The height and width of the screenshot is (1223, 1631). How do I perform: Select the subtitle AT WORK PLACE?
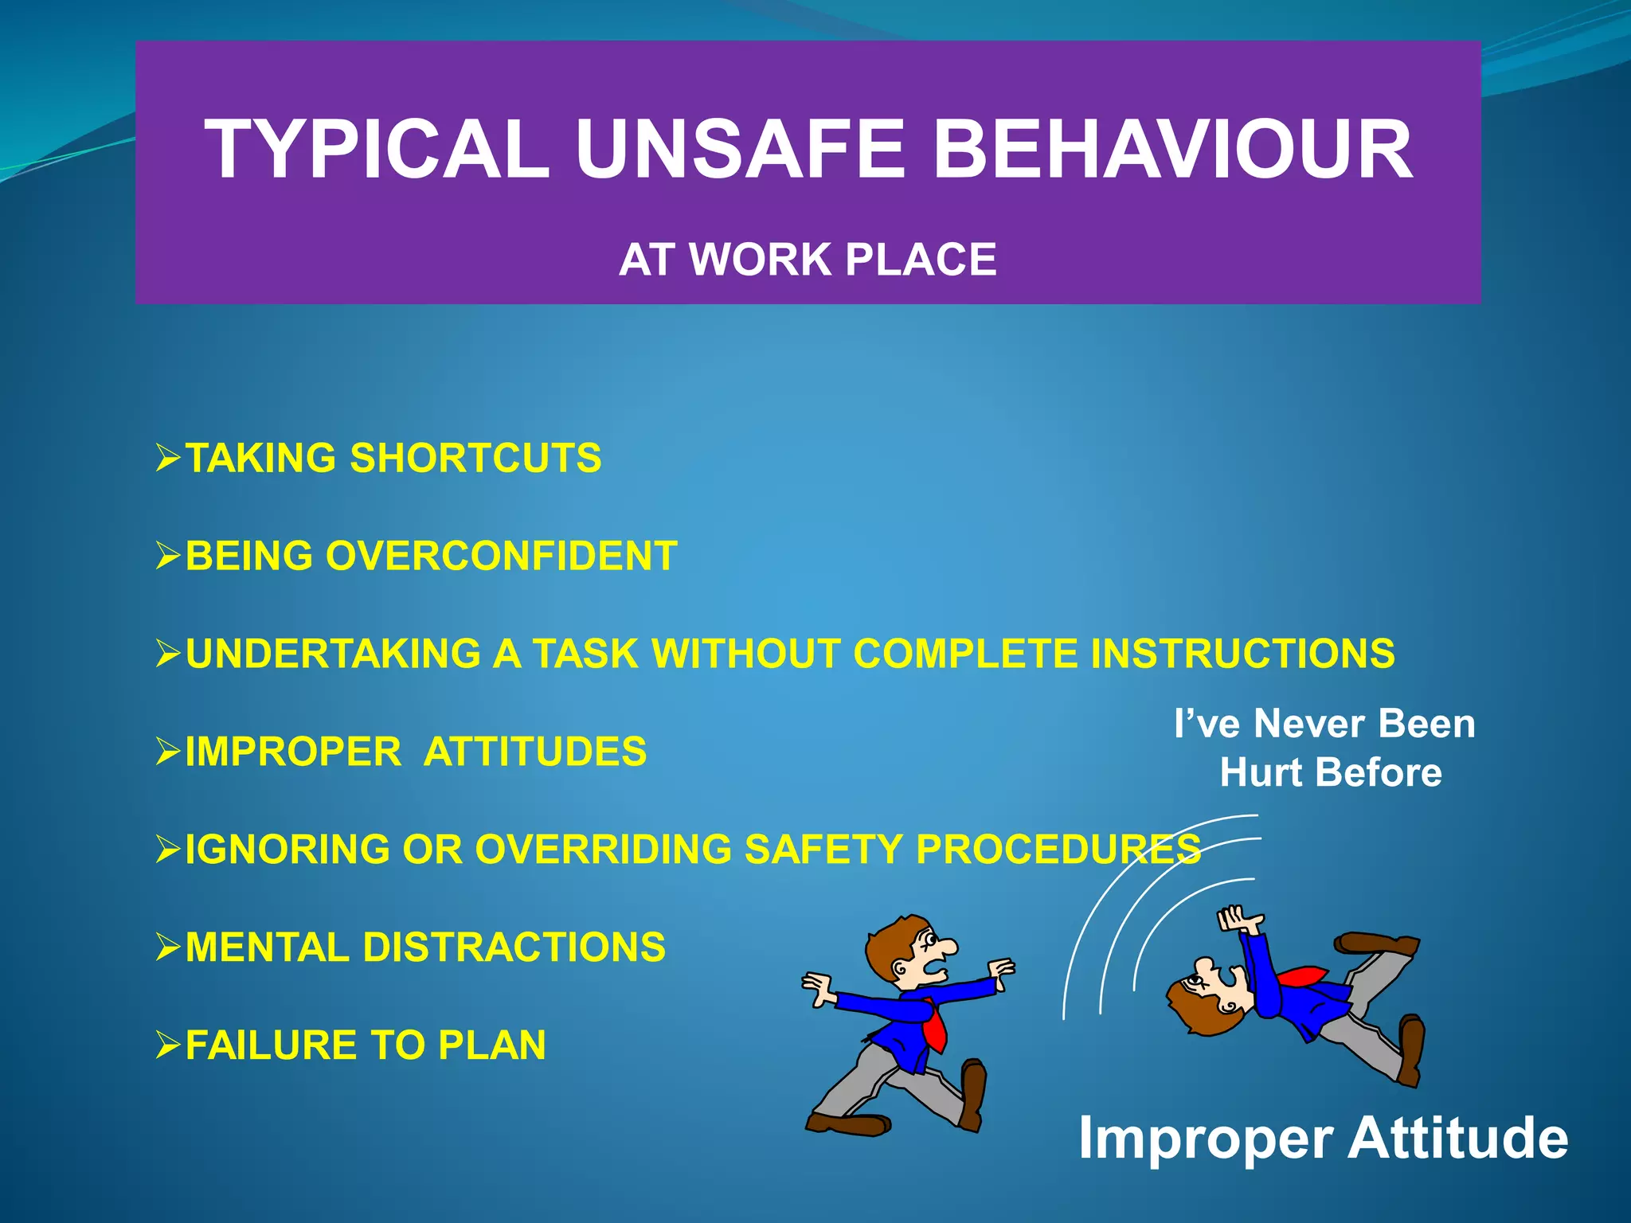tap(808, 260)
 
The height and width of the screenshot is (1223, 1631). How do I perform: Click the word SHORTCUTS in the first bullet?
tap(475, 459)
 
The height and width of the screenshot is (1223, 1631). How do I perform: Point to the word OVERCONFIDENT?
tap(501, 556)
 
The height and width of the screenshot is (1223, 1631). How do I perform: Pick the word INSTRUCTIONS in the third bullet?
tap(1242, 654)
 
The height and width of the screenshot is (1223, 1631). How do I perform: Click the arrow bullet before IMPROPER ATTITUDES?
tap(169, 752)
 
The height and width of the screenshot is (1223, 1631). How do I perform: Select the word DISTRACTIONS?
tap(514, 948)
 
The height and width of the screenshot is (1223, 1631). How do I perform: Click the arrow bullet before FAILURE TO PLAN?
tap(169, 1045)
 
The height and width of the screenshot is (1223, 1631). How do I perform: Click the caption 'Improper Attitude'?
tap(1323, 1138)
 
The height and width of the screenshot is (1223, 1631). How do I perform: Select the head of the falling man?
tap(1203, 999)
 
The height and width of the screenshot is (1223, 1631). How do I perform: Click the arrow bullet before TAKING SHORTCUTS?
tap(169, 459)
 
